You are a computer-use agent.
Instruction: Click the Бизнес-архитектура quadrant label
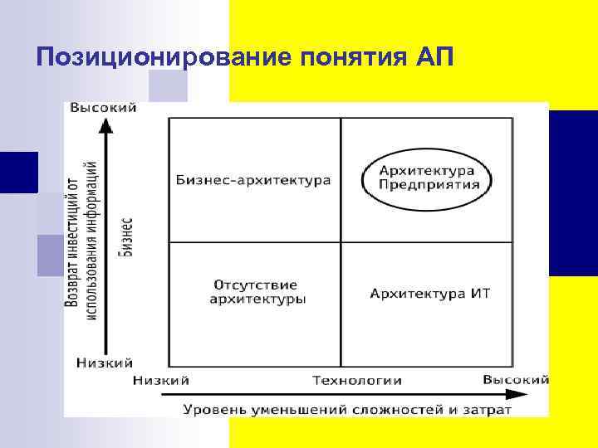(x=253, y=180)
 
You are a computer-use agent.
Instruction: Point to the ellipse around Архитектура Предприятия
(x=429, y=154)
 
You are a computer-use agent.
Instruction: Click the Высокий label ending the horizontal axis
(x=516, y=379)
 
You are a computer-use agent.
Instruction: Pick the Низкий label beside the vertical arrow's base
(x=105, y=362)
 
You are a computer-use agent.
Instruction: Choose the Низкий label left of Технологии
(x=161, y=380)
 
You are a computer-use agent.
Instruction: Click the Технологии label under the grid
(x=357, y=380)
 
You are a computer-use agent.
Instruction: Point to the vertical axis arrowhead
(x=105, y=125)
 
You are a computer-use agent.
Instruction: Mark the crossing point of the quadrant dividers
(x=341, y=242)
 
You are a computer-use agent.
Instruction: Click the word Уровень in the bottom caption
(x=211, y=409)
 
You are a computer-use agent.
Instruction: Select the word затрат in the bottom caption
(x=485, y=409)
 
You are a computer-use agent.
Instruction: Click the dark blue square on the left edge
(x=18, y=173)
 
